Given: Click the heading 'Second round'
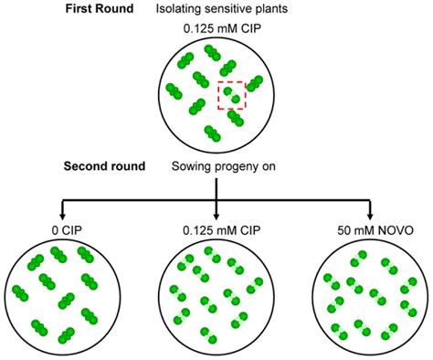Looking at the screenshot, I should point(108,167).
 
